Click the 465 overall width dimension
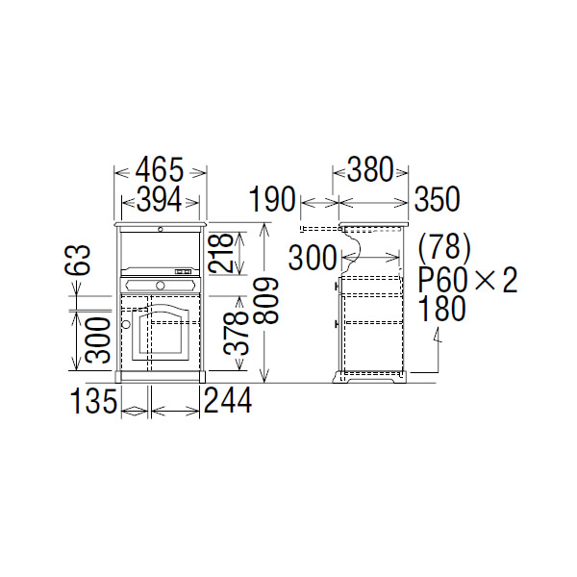160,170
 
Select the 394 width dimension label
160,199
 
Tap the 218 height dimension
224,252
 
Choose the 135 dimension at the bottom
92,401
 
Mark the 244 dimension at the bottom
228,401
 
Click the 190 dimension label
273,200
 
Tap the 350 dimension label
438,200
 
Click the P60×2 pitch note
468,280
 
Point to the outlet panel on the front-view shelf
183,273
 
